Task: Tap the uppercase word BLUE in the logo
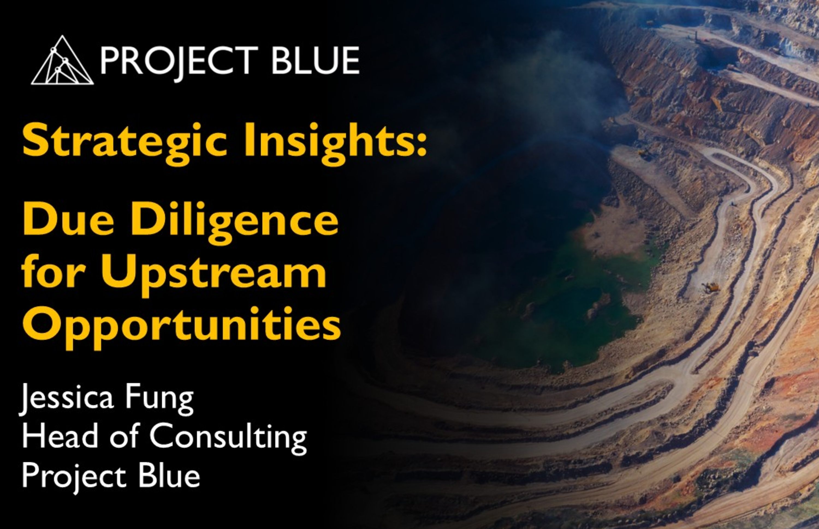point(315,61)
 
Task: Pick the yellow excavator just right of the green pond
point(710,287)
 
